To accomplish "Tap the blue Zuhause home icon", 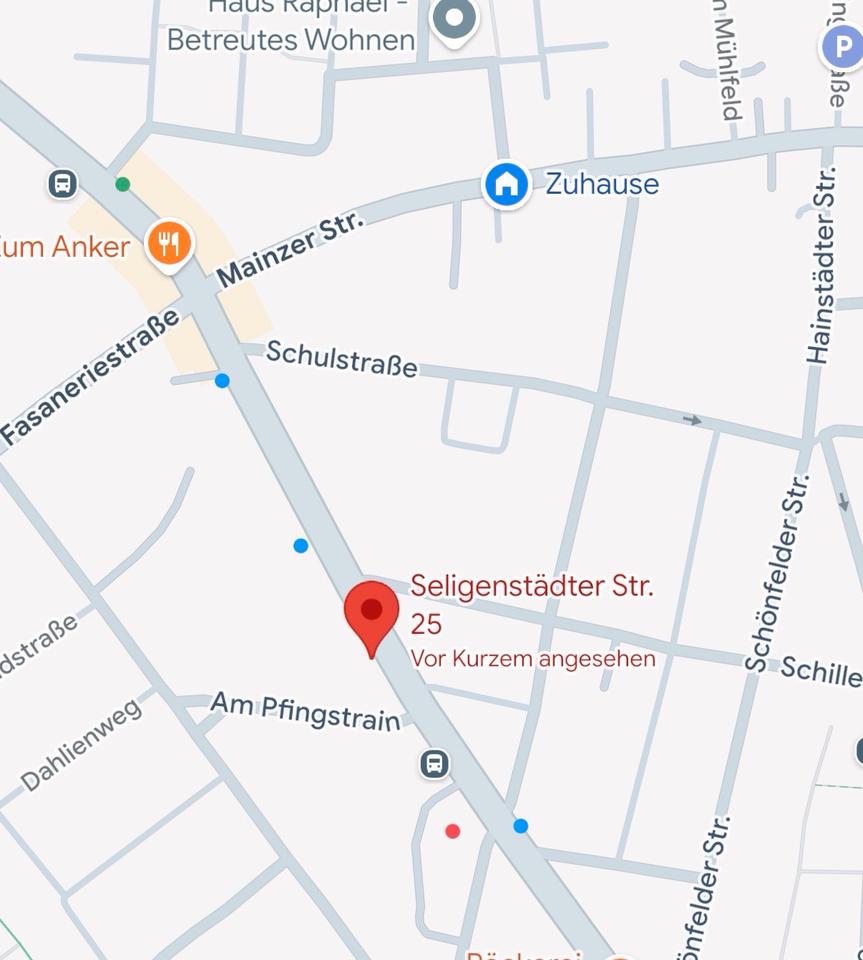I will click(506, 184).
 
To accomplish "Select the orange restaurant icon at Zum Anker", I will click(169, 243).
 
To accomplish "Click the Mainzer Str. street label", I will click(291, 247).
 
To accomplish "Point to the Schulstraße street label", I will click(342, 359).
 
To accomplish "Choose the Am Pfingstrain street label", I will click(305, 711).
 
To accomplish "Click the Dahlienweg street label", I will click(81, 745).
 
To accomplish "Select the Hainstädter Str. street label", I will click(821, 265).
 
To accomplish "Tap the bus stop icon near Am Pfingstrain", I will click(434, 764).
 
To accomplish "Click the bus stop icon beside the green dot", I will click(62, 183).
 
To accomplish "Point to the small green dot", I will click(122, 184).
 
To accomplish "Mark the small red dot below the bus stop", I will click(453, 831).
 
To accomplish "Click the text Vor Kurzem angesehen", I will click(532, 659).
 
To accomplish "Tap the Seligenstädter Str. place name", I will click(532, 586).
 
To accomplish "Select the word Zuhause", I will click(602, 184).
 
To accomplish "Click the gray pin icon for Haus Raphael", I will click(455, 18).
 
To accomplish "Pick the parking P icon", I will click(841, 46).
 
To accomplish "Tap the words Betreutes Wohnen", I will click(290, 40).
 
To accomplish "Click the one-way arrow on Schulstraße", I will click(692, 420).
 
